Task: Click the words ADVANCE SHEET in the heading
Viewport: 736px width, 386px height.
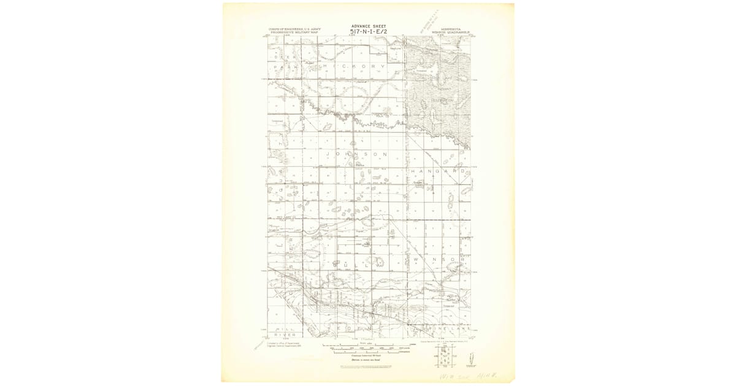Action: click(x=369, y=26)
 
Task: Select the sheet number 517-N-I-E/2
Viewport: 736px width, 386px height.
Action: click(x=369, y=32)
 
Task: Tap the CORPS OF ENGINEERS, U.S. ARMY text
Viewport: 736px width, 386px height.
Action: click(x=293, y=28)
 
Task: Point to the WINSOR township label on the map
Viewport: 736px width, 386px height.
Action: click(x=437, y=259)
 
